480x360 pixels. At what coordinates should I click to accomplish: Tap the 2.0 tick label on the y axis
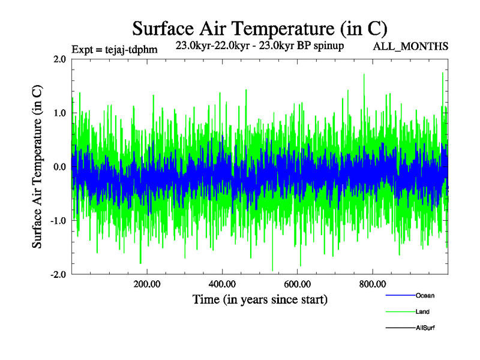click(x=59, y=59)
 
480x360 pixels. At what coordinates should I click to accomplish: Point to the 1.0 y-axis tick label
click(x=59, y=113)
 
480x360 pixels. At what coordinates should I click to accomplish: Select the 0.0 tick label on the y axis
click(x=59, y=167)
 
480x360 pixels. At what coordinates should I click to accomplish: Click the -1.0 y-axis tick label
click(x=58, y=221)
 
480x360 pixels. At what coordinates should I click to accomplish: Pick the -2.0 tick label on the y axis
click(x=58, y=275)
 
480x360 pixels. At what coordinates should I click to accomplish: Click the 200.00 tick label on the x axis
click(x=146, y=284)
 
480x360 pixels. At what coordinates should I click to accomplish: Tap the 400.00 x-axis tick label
click(x=222, y=284)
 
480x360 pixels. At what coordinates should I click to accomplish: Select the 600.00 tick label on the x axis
click(x=297, y=284)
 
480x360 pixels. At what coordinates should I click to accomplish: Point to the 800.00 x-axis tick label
click(x=373, y=284)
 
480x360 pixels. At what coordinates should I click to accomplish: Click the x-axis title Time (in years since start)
click(x=260, y=298)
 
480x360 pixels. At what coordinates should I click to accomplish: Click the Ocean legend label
click(x=425, y=296)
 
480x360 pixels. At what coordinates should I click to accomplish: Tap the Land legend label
click(x=422, y=312)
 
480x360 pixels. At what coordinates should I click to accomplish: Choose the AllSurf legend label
click(x=425, y=328)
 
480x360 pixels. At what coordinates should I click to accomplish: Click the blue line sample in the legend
click(x=400, y=296)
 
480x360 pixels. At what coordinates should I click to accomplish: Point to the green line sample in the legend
click(x=400, y=312)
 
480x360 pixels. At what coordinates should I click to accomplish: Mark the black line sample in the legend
click(x=400, y=328)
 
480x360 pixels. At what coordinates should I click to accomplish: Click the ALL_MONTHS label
click(x=410, y=46)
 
